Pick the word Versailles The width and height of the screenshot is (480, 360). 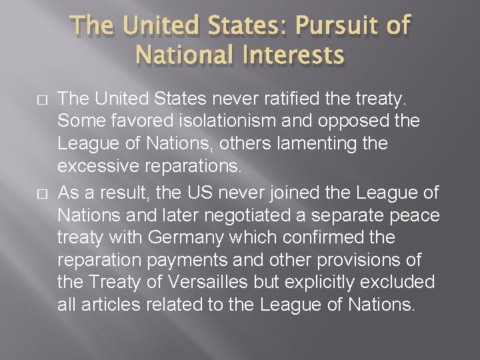click(205, 283)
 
